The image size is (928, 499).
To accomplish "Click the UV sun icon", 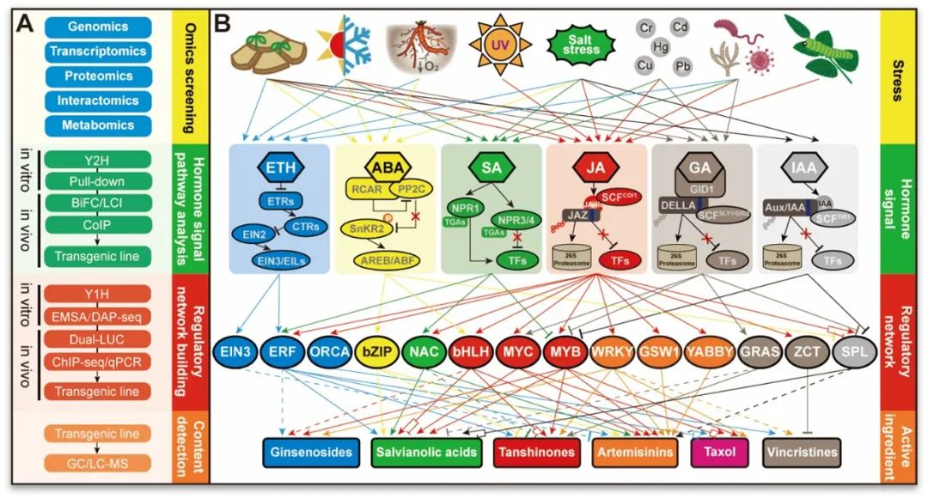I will [499, 42].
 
